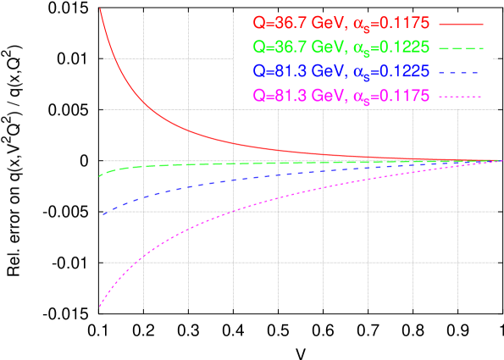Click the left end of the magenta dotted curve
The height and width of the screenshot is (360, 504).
100,306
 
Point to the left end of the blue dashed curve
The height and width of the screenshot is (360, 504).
102,214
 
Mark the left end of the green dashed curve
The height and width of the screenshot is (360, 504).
100,176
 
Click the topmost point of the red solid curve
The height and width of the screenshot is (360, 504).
100,8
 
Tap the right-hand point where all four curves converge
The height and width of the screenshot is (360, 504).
501,160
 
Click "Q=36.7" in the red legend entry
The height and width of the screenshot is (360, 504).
274,23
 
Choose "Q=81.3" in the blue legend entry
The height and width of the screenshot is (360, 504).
274,72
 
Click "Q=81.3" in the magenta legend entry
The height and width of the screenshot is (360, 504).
274,97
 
